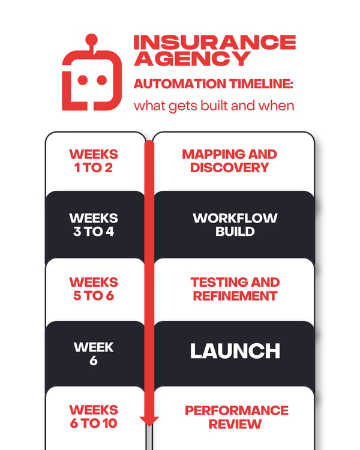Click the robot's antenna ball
click(92, 40)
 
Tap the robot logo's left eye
click(83, 80)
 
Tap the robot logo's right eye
click(101, 80)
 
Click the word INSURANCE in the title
click(215, 42)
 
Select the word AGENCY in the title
click(193, 59)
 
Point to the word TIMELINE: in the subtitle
click(261, 84)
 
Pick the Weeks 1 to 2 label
click(94, 161)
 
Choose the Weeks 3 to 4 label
click(94, 225)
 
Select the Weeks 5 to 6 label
click(94, 289)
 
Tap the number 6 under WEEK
click(94, 361)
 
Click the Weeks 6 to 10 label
click(94, 417)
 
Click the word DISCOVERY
click(229, 167)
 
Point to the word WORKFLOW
click(235, 218)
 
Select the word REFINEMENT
click(235, 296)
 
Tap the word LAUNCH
click(235, 351)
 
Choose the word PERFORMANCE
click(236, 410)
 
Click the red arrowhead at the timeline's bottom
click(149, 421)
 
